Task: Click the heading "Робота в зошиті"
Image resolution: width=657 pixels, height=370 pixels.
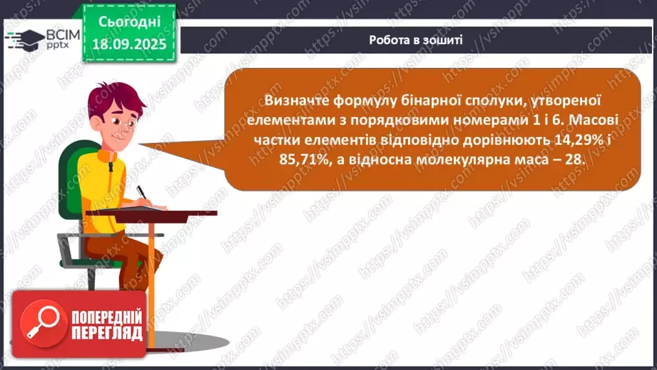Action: pyautogui.click(x=416, y=40)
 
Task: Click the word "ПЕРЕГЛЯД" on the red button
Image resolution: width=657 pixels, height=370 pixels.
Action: pyautogui.click(x=107, y=333)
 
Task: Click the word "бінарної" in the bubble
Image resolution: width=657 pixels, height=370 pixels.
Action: pyautogui.click(x=436, y=101)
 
